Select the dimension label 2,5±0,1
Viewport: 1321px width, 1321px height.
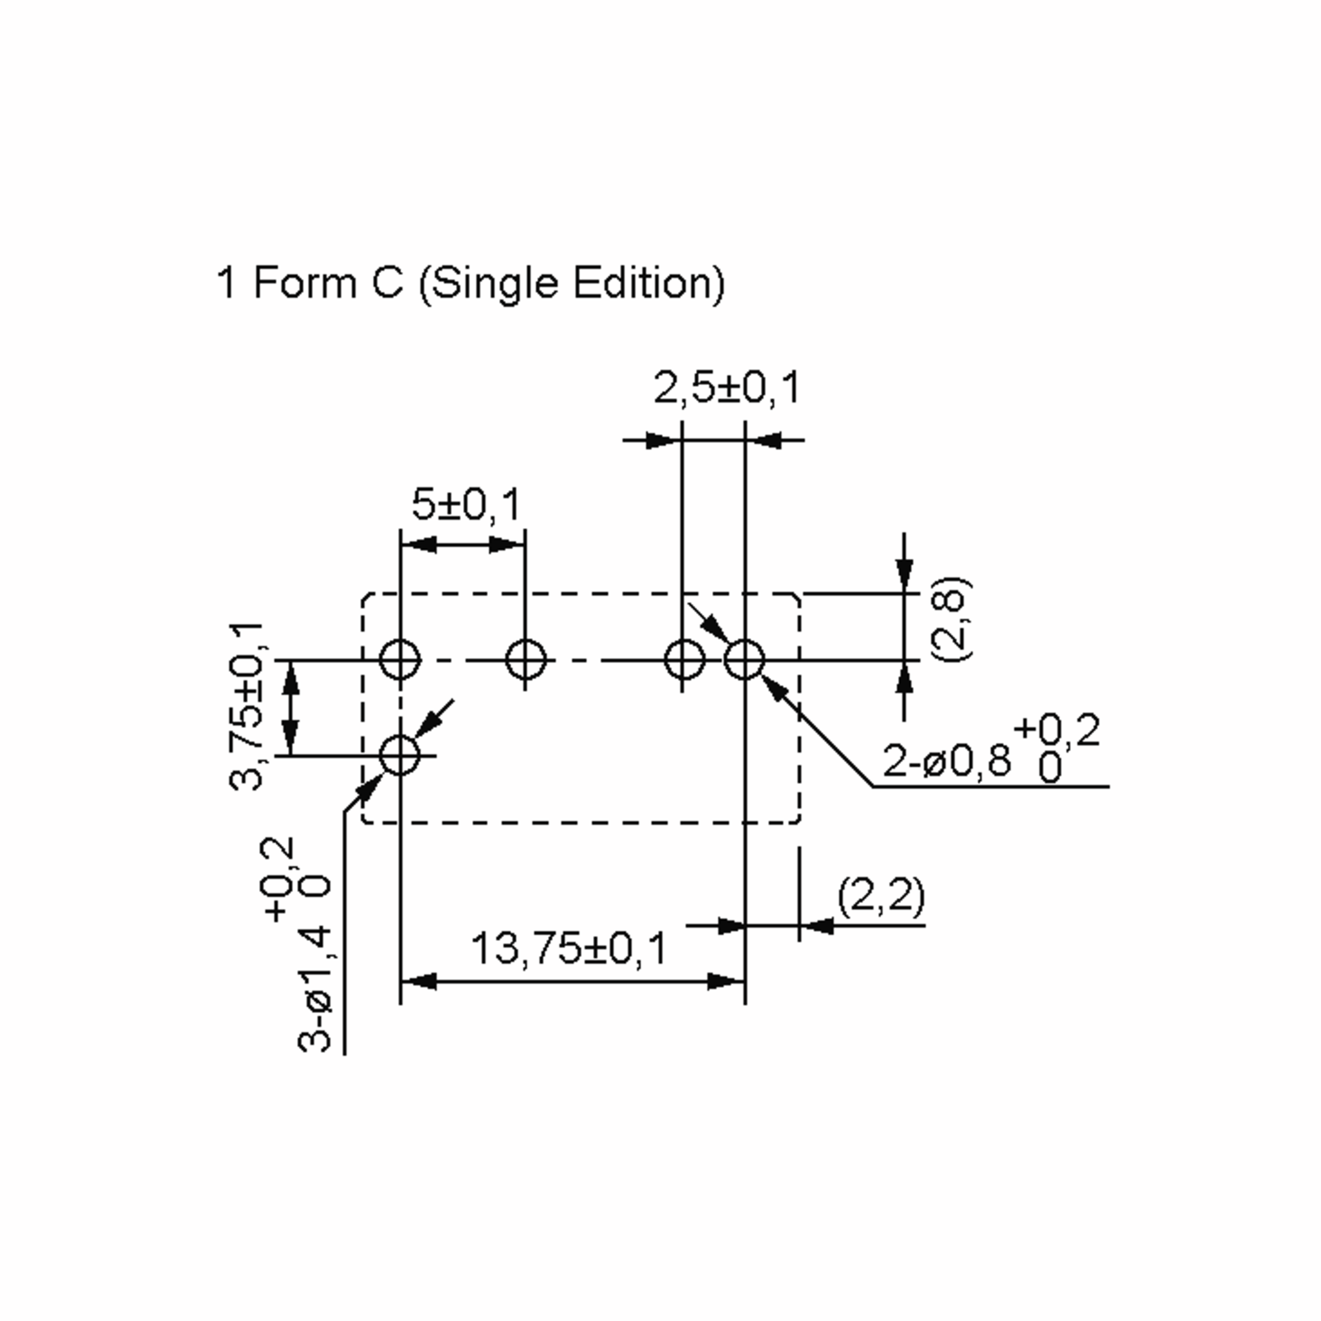point(727,389)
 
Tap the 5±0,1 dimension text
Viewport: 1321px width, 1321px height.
point(466,504)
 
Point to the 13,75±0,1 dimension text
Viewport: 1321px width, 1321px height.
point(568,949)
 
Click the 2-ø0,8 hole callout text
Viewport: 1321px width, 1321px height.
point(946,760)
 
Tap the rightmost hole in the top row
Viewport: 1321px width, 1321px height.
point(745,660)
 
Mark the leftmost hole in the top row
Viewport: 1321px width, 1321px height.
point(400,660)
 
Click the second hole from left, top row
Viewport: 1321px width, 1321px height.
point(525,660)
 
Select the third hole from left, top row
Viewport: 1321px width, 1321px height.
point(684,660)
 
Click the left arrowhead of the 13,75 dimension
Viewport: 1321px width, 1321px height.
point(418,982)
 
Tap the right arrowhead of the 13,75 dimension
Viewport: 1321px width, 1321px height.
point(726,982)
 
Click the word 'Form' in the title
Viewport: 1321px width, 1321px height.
point(305,282)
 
